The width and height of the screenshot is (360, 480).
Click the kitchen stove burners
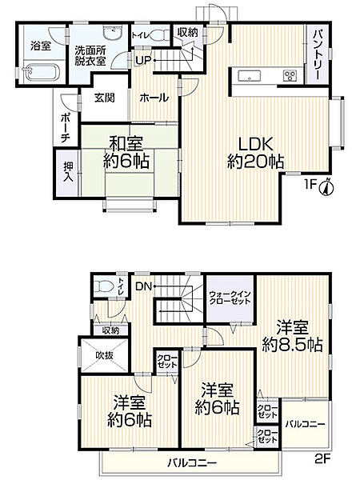(289, 76)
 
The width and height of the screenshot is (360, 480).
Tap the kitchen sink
(248, 77)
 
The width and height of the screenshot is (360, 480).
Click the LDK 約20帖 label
(254, 153)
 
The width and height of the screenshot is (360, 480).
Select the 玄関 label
(104, 98)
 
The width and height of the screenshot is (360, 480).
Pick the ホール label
(154, 98)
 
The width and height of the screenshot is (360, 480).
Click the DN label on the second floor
(143, 286)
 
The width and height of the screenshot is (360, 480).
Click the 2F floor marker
(322, 458)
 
